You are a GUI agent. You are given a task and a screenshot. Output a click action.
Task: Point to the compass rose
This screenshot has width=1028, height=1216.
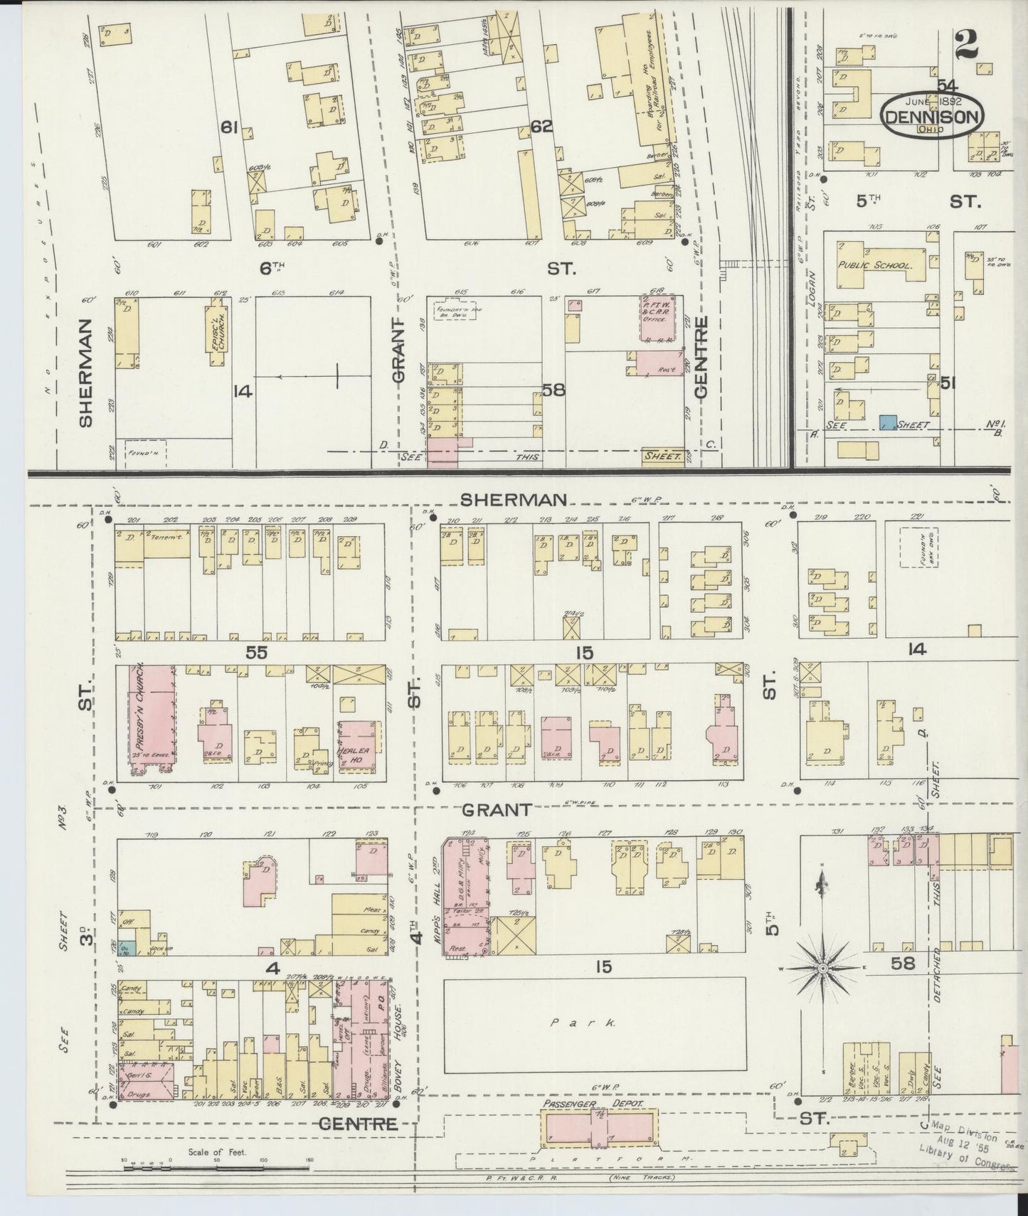click(x=822, y=969)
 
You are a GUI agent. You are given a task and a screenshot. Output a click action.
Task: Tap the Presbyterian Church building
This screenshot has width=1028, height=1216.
click(x=152, y=718)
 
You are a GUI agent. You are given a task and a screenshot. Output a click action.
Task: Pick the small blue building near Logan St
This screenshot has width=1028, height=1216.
click(x=886, y=422)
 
